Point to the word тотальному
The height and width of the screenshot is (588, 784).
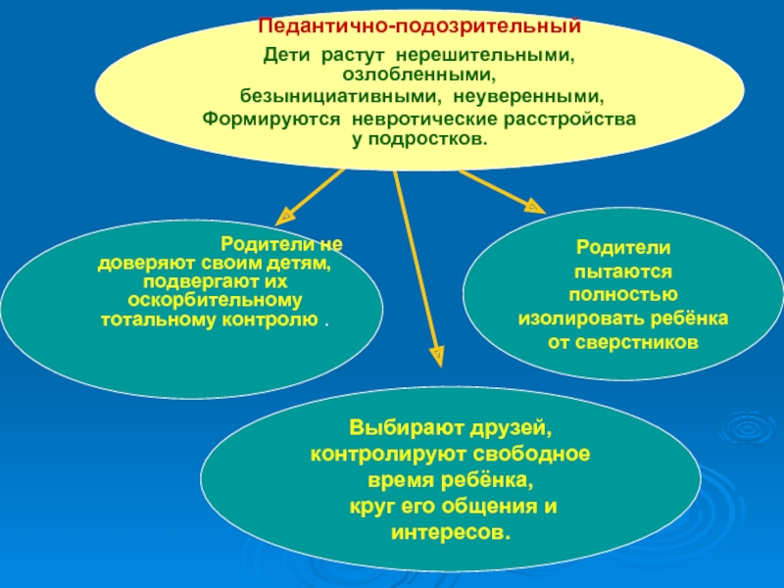click(x=153, y=320)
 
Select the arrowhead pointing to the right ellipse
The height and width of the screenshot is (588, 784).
click(x=533, y=206)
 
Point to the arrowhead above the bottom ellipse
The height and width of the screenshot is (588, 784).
click(x=437, y=351)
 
